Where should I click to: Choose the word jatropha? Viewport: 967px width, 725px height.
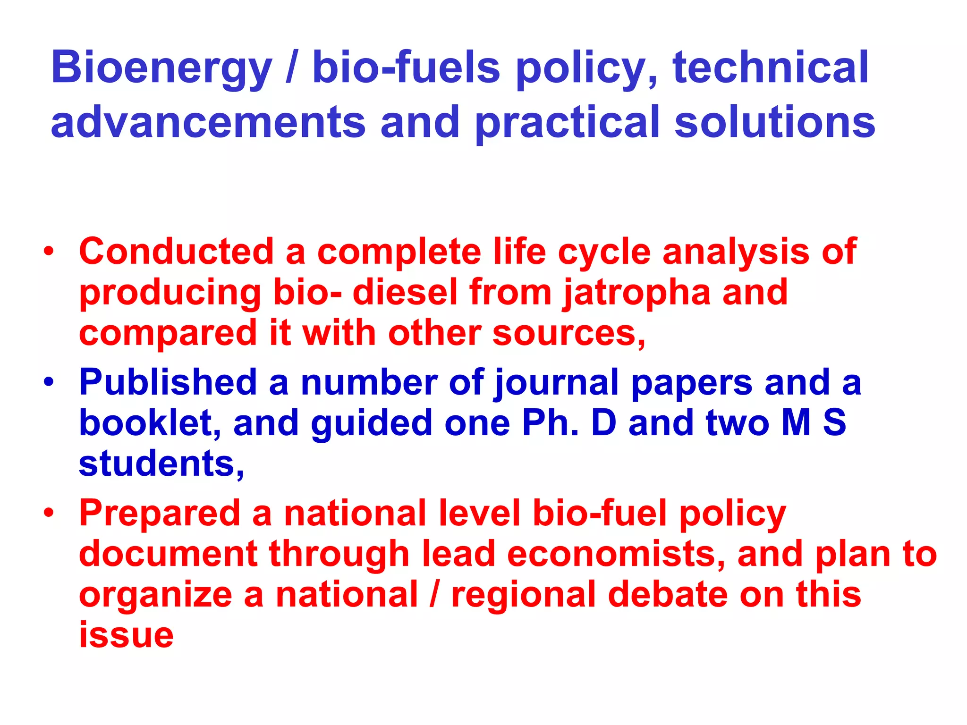pos(637,293)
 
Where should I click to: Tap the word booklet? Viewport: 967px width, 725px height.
pos(147,422)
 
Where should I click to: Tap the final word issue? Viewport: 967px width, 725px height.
pos(126,635)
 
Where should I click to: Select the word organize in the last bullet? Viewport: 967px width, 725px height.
pos(155,595)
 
